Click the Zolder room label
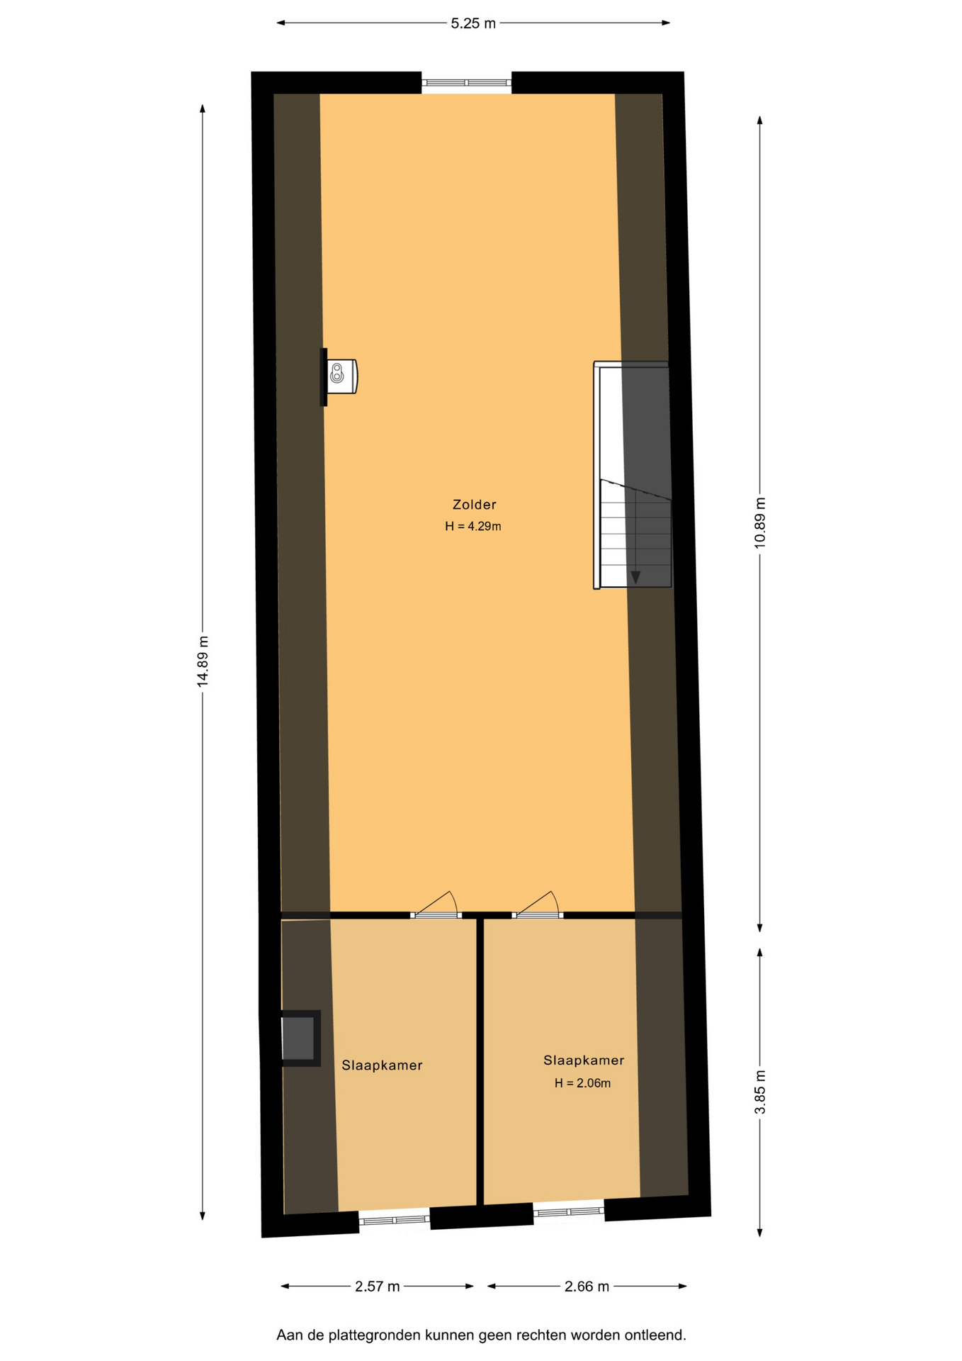(x=474, y=505)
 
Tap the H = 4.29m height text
(x=473, y=527)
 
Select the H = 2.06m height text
(x=582, y=1083)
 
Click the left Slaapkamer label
(x=382, y=1065)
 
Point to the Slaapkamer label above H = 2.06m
(x=584, y=1060)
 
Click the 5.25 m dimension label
(x=473, y=23)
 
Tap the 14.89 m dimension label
(x=203, y=661)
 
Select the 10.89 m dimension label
(x=760, y=522)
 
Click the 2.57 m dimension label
(x=378, y=1287)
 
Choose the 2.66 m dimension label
(x=587, y=1287)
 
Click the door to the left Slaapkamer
(x=436, y=905)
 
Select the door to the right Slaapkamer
(x=538, y=905)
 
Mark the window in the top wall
(x=466, y=83)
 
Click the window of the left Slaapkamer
(x=395, y=1220)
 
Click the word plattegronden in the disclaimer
(x=383, y=1335)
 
